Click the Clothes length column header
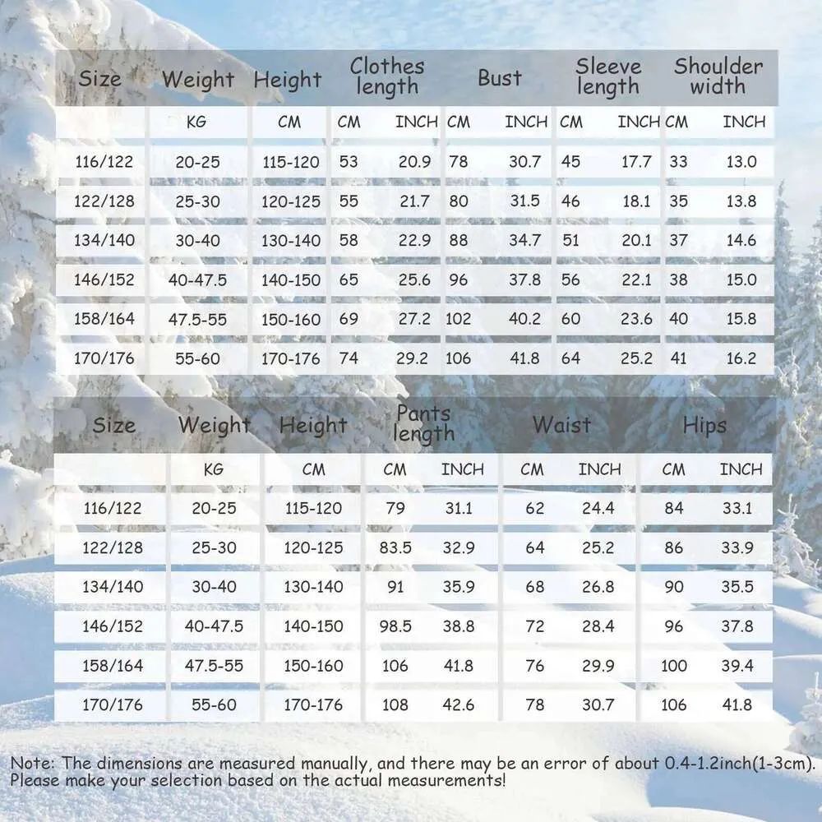point(387,76)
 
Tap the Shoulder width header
point(718,76)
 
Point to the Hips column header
point(704,425)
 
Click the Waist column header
point(561,425)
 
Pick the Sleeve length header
point(607,76)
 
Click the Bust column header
point(500,78)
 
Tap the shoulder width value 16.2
point(741,358)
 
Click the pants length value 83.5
point(395,547)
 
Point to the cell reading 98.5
point(395,626)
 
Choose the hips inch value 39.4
point(737,666)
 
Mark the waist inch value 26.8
point(598,587)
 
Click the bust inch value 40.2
point(524,319)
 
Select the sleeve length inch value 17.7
point(635,162)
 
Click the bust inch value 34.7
point(524,241)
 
